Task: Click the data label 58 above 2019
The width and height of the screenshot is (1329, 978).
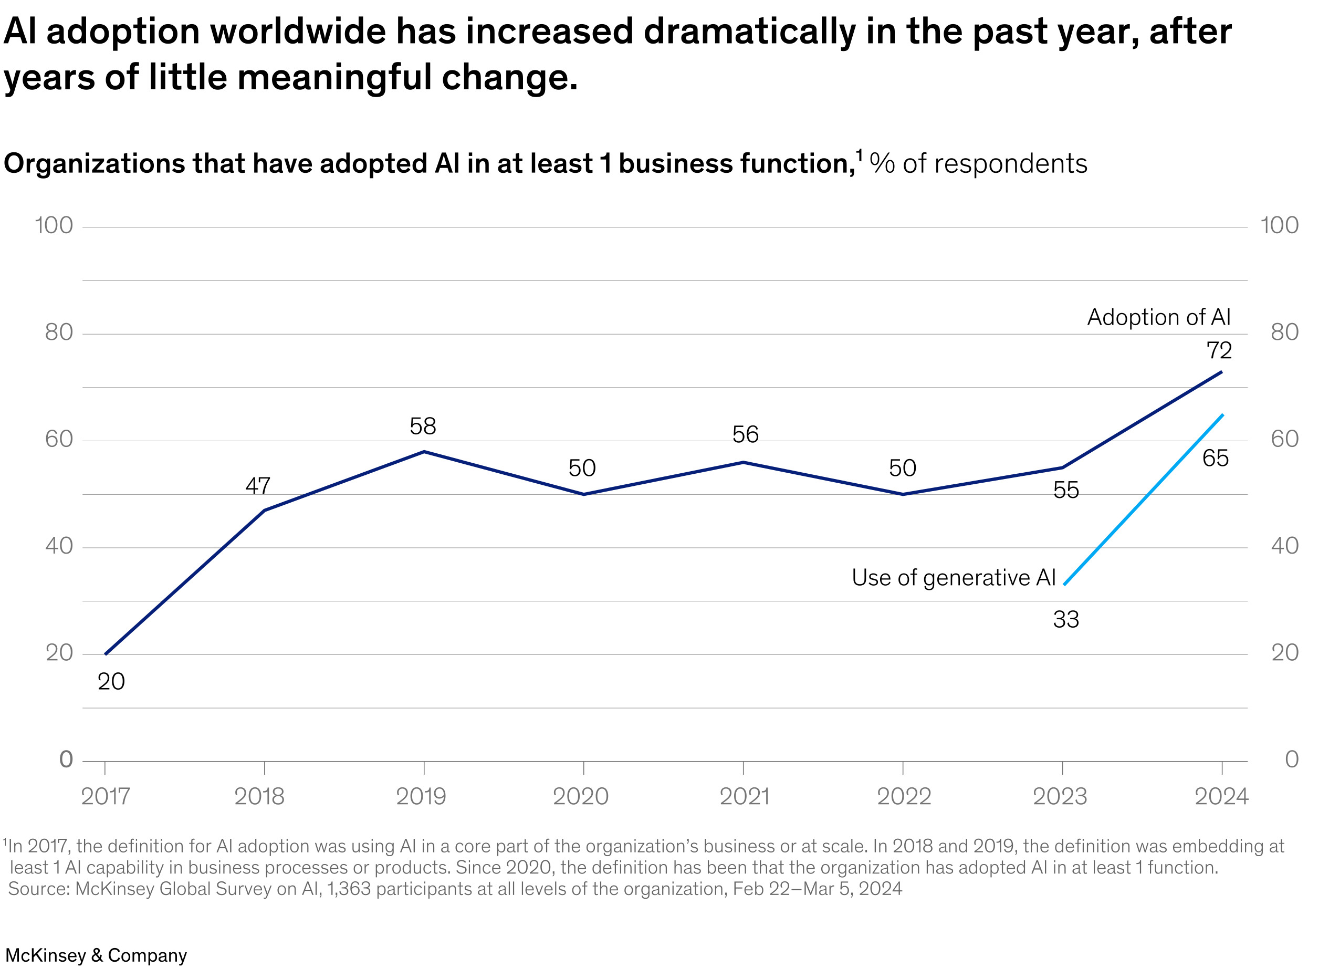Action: [423, 426]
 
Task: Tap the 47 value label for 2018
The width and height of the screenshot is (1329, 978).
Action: [257, 486]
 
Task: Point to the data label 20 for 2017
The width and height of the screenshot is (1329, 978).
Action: [111, 681]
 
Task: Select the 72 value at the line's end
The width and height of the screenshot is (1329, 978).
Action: [1219, 350]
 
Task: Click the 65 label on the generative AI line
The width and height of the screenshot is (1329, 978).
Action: [1216, 458]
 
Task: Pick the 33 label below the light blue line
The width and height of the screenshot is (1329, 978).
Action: [1066, 620]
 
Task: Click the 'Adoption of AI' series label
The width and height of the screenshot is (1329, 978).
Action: [1158, 317]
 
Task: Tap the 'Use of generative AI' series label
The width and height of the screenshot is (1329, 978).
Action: [953, 577]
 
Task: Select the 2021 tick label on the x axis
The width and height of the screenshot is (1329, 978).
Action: [744, 796]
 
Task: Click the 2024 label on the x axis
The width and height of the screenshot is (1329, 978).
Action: [1221, 796]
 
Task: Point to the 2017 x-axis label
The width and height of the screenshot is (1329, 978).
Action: [106, 796]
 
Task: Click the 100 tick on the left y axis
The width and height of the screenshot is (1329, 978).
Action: [54, 225]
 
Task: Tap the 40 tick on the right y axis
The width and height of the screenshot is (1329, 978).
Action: [1284, 546]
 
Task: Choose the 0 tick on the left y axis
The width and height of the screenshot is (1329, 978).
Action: [66, 759]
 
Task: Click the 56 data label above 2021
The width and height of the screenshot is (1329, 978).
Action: [745, 434]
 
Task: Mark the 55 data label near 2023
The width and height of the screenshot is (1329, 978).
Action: [1066, 490]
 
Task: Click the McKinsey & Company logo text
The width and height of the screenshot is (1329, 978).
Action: [96, 955]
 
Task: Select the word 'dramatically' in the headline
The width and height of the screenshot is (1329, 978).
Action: [750, 32]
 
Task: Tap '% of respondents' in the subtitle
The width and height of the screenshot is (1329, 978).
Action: [978, 164]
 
